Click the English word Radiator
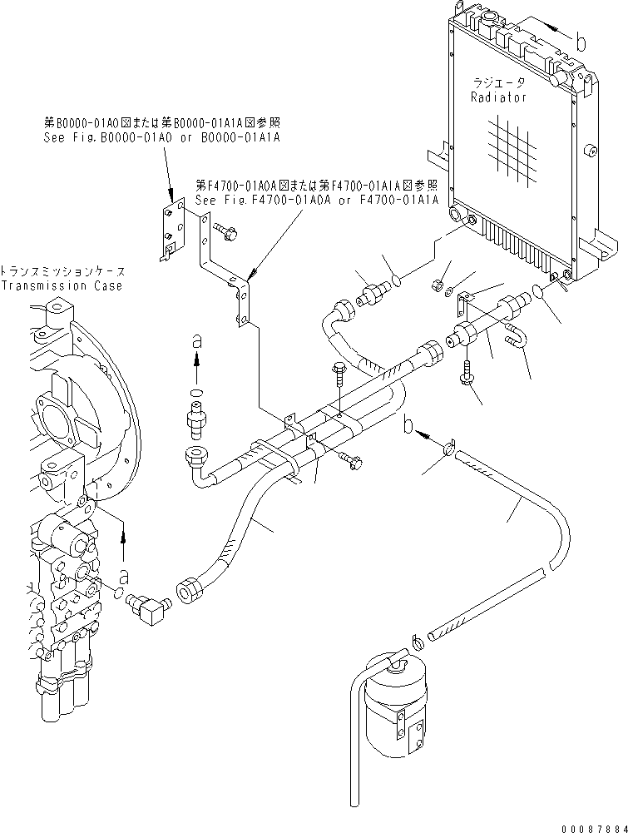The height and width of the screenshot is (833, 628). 498,97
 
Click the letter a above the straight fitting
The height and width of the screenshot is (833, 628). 196,341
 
